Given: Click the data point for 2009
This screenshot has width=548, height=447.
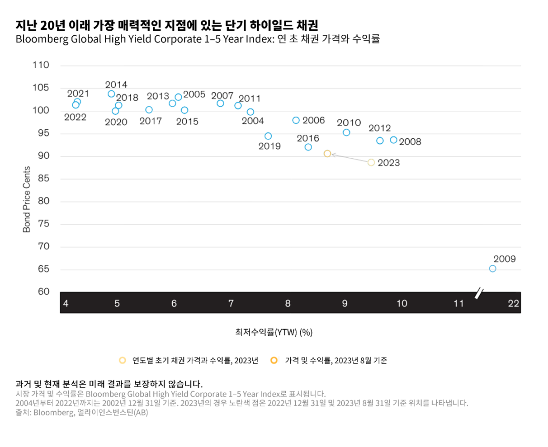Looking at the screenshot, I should coord(492,269).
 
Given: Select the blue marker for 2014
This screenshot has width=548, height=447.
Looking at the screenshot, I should coord(111,94).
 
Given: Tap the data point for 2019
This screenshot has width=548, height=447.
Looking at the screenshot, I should coord(268,136).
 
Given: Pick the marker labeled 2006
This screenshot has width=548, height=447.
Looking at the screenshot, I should coord(296,120).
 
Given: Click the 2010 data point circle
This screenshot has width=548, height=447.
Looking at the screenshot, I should coord(346,132).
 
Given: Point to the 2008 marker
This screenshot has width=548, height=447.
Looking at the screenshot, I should coord(393,140).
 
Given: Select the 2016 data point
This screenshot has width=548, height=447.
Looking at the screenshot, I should coord(308,147).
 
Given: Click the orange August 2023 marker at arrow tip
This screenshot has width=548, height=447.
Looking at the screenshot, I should coord(327,154).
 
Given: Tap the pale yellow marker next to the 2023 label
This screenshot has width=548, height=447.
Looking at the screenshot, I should coord(371,162).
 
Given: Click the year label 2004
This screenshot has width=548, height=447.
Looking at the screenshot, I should coord(253,121).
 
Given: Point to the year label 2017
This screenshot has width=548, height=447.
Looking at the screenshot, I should coord(151,121).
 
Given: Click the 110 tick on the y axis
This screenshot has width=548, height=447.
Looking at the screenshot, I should coord(41,65).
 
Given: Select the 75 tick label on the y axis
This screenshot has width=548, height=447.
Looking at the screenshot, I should coord(43,224).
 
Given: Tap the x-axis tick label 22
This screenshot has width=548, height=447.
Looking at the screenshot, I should coord(513,303).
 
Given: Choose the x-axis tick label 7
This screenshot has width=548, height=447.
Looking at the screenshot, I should coord(231,303).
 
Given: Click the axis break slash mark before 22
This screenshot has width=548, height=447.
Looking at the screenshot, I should coord(479,294).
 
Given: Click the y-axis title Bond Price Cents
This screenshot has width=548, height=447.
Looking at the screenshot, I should coord(27,199).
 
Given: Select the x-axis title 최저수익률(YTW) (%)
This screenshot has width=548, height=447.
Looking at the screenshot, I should coord(274,332).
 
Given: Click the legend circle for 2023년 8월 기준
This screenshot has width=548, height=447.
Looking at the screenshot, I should coord(274,360).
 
